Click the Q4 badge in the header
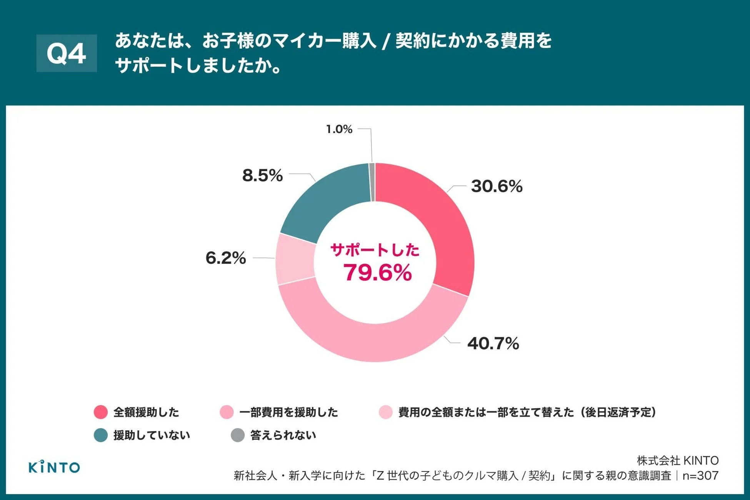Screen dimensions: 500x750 [x=67, y=53]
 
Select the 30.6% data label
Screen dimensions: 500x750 [x=497, y=186]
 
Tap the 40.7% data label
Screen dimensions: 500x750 [x=493, y=343]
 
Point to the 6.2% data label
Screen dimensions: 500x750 [x=226, y=258]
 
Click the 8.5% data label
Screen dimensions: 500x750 [x=262, y=175]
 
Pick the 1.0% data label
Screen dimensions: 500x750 [x=339, y=129]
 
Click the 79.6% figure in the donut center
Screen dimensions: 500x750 [x=377, y=272]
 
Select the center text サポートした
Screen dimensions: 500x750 [x=375, y=250]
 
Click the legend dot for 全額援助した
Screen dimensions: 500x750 [x=101, y=412]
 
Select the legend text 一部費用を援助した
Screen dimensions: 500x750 [x=288, y=412]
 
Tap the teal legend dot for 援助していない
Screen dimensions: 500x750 [x=101, y=435]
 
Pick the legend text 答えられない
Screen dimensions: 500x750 [x=283, y=435]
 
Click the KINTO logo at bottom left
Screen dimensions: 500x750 [x=54, y=467]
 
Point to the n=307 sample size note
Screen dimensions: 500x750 [x=700, y=476]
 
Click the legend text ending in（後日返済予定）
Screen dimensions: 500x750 [x=527, y=412]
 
